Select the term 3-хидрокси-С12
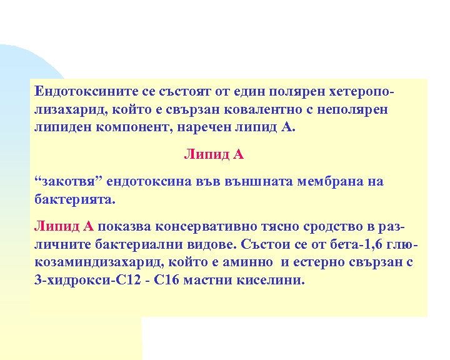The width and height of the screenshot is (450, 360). point(81,281)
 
